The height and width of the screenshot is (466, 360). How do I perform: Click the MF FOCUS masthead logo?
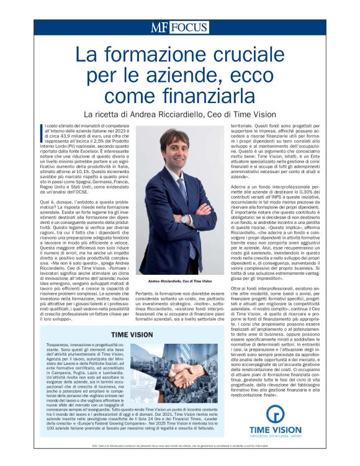[179, 27]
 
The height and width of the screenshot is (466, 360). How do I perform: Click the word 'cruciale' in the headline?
[248, 56]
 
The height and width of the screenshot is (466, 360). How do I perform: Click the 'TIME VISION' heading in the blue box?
[132, 334]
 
